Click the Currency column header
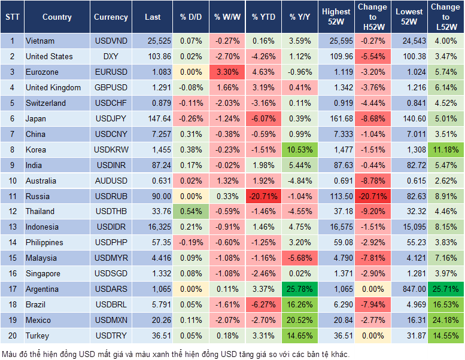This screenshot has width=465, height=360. point(111,17)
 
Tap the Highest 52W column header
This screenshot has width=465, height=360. point(336,17)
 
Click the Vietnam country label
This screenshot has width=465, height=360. point(40,41)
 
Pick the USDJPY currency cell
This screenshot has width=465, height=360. point(111,118)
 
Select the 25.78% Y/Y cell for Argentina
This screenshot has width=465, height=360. point(300,289)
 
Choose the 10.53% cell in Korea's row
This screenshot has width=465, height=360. point(300,150)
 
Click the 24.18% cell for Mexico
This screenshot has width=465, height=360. point(446,321)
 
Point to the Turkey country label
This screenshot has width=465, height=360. point(37,336)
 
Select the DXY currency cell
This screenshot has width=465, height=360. point(111,56)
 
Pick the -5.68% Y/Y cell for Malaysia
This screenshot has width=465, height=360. point(300,258)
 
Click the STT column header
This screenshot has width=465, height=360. point(12,17)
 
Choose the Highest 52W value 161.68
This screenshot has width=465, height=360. point(336,118)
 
